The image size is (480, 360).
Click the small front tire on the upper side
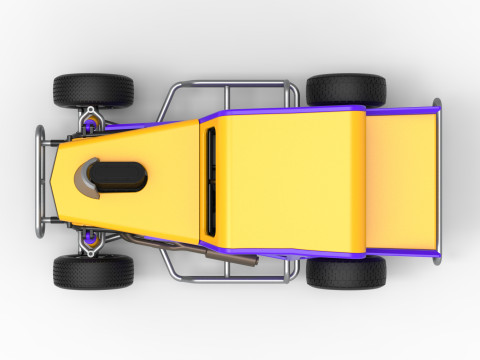93,90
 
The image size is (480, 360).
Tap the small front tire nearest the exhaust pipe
93,270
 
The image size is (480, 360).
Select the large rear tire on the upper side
346,89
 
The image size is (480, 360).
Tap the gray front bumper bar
41,180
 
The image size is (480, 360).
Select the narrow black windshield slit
211,177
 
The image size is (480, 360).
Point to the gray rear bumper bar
437,180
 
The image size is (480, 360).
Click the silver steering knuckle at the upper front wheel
90,110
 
